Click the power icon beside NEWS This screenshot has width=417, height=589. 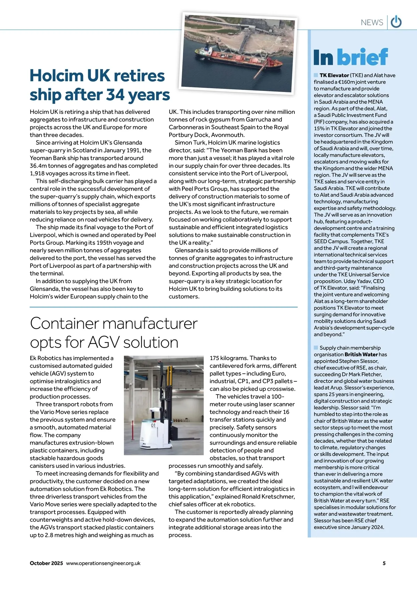pos(396,22)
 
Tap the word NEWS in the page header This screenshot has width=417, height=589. pos(372,23)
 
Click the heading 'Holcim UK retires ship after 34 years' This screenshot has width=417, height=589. pos(100,85)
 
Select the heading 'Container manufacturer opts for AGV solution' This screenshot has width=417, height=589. pos(114,333)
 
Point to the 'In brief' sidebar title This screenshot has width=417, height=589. pos(350,57)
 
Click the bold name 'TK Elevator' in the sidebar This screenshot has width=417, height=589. pos(334,75)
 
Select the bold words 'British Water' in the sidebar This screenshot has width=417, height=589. pos(361,355)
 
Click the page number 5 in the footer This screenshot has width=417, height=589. pos(384,563)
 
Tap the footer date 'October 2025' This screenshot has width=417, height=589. pos(46,563)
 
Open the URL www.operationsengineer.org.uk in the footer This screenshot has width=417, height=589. pos(103,563)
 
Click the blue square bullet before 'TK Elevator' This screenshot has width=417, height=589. pos(316,75)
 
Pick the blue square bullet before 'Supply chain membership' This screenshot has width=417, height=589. pos(316,348)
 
